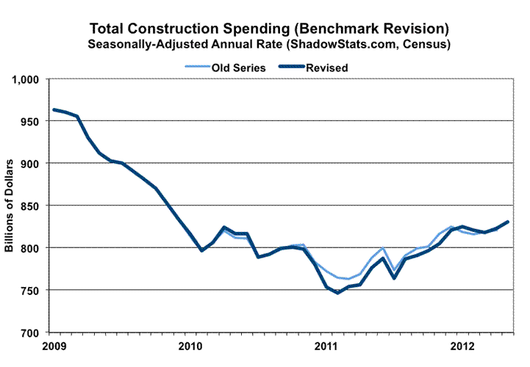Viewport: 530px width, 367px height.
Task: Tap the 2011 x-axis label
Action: click(326, 345)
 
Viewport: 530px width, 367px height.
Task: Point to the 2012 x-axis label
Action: click(462, 345)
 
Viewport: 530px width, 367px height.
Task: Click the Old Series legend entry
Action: click(227, 68)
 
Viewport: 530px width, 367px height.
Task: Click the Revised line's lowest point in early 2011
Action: click(338, 293)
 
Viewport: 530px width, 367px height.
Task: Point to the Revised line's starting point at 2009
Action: click(54, 110)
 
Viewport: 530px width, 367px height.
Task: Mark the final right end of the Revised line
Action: click(507, 222)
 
